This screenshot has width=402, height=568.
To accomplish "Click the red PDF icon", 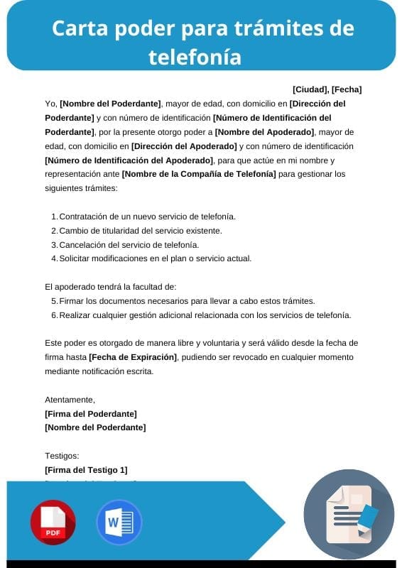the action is pos(53,522).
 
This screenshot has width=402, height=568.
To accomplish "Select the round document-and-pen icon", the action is pos(349,513).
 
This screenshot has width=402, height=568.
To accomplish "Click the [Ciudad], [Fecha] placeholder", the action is pos(327,89).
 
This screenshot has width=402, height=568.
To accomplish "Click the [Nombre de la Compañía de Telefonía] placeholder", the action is pos(199,173).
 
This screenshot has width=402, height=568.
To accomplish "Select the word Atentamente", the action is pos(70,399).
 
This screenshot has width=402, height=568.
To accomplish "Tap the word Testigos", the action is pos(62,456).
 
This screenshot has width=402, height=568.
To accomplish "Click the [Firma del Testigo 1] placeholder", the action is pos(86,470).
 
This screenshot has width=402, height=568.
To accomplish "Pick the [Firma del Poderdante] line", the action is pos(91,413).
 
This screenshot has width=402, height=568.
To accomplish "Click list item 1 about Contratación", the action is pos(147,216).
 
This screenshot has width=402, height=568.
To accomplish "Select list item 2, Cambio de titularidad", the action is pos(141,230).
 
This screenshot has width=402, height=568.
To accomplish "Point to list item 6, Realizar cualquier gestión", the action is pos(205,315).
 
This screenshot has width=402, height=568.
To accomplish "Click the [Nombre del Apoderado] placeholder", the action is pos(264,131).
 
